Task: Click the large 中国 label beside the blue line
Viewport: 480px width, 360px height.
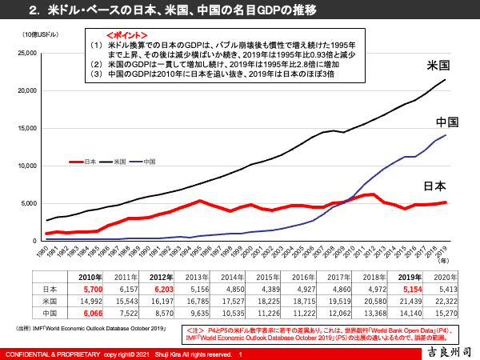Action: coord(446,122)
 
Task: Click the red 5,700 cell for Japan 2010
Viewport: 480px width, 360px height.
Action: coord(90,288)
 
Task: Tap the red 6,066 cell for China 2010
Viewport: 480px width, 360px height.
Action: coord(90,314)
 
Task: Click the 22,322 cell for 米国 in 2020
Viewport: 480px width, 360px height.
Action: coord(462,301)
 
